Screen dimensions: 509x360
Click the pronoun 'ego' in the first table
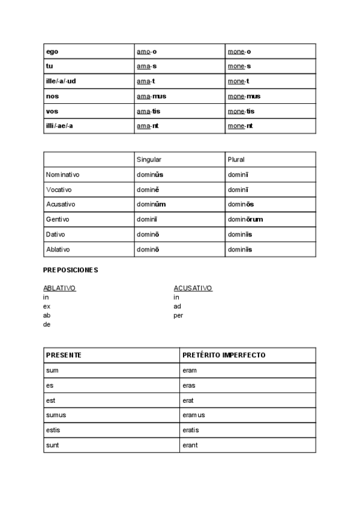52,52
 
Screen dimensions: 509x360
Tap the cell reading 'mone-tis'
241,112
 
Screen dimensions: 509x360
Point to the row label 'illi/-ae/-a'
59,127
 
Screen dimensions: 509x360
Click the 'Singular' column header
149,160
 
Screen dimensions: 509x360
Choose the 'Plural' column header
236,160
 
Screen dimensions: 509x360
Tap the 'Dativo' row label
56,235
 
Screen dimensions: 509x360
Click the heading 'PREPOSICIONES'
70,270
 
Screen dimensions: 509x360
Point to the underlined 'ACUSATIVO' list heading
193,288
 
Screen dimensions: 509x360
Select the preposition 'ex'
47,306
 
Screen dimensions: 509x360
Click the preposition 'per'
178,315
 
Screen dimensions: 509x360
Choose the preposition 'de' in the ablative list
47,324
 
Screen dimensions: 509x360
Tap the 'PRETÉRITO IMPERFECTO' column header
224,355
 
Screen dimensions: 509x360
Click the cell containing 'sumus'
56,415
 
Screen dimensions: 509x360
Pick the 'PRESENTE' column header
64,355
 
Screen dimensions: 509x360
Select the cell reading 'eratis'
190,430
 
